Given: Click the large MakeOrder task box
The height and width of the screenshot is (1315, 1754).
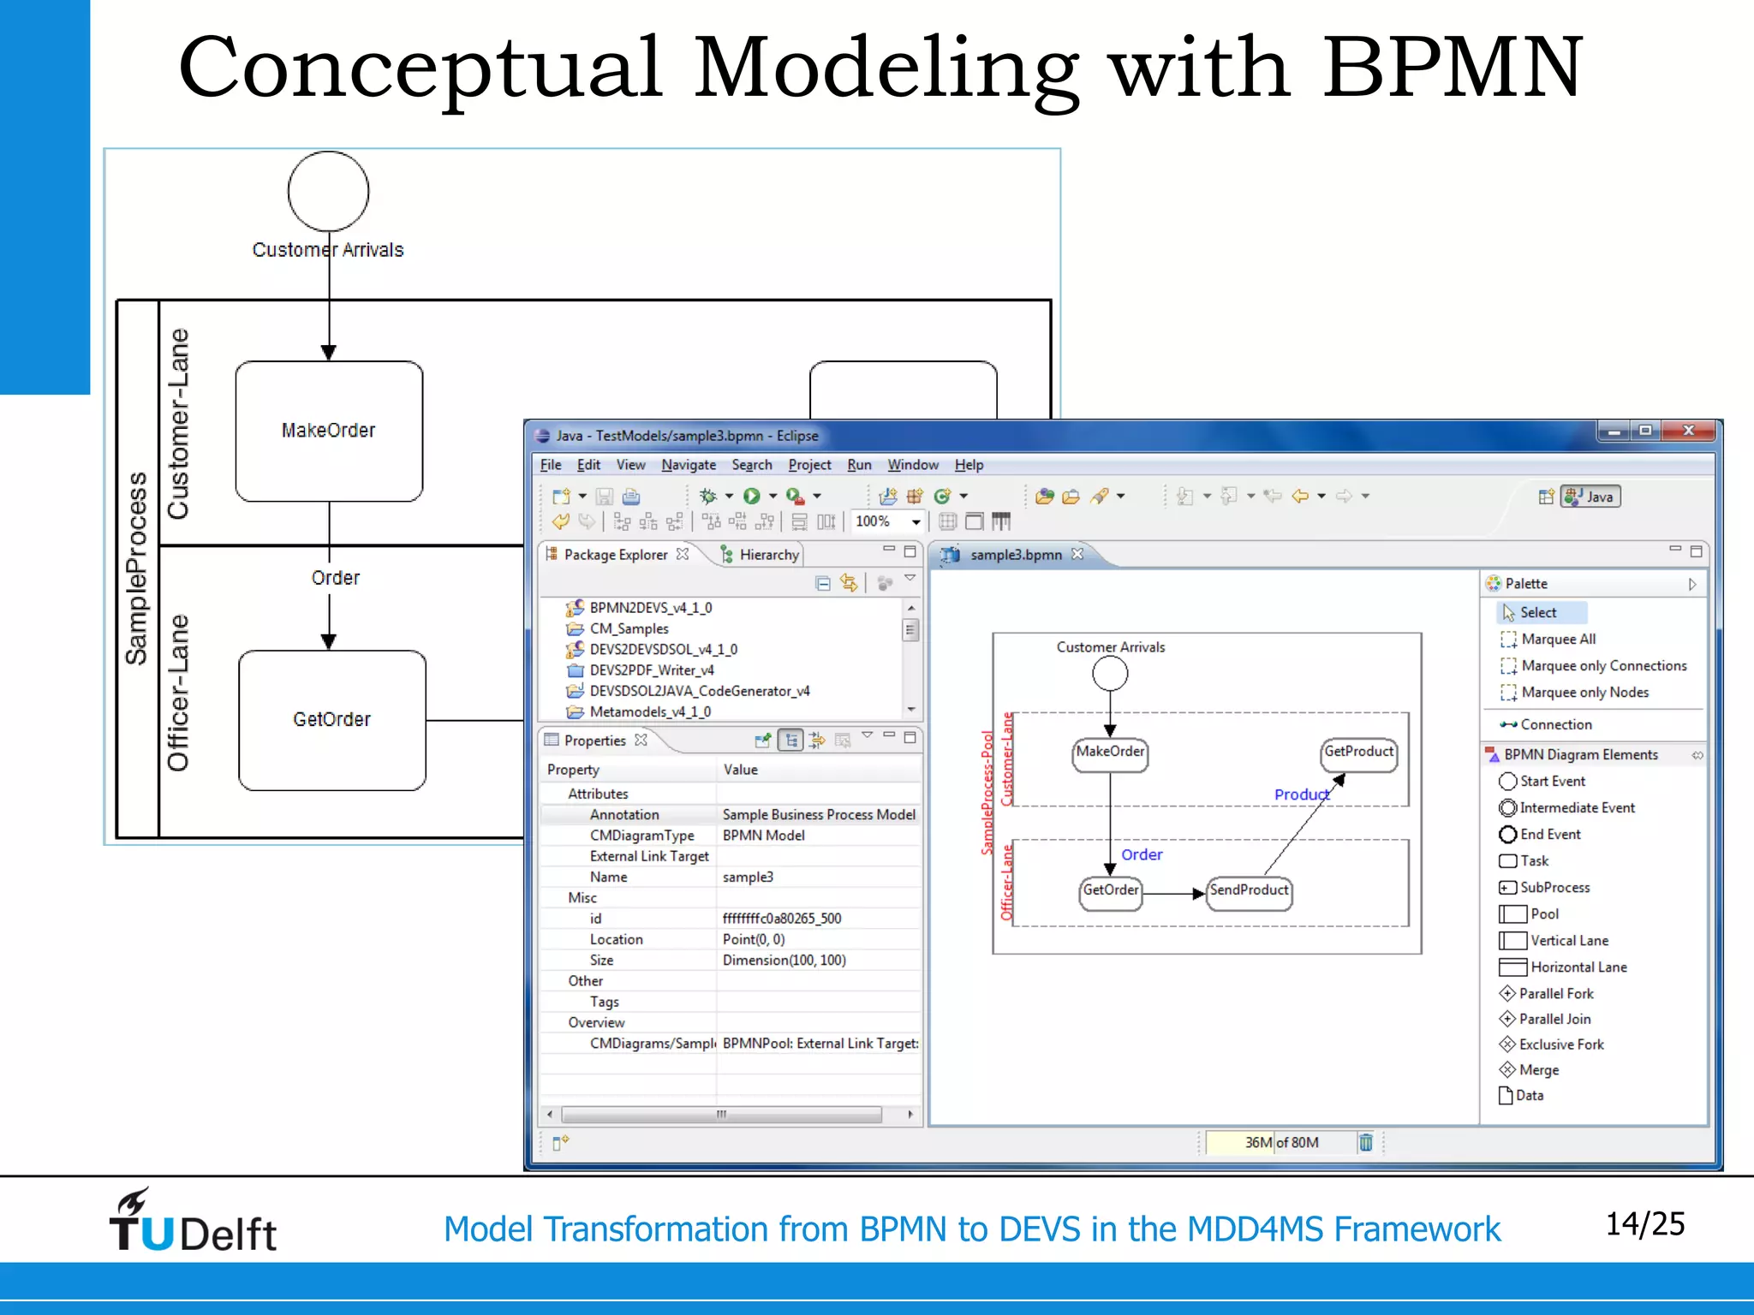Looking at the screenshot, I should point(329,431).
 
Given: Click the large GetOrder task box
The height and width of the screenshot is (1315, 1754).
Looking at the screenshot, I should point(332,720).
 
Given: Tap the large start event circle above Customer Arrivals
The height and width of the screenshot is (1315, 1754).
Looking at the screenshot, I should point(328,191).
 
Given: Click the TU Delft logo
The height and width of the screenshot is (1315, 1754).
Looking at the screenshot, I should point(193,1222).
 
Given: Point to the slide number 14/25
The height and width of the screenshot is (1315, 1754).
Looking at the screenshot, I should point(1644,1224).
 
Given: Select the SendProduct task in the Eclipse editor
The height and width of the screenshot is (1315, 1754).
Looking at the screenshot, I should point(1249,891).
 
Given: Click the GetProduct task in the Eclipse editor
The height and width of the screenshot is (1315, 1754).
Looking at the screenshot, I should point(1359,753).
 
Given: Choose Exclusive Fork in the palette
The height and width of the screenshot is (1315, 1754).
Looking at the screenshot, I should point(1560,1044).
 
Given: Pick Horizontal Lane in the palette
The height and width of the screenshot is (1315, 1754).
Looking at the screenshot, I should point(1578,967).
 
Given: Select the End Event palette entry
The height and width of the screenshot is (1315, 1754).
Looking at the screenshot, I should point(1549,835).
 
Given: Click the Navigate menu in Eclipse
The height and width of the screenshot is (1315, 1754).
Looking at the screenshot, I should point(689,465).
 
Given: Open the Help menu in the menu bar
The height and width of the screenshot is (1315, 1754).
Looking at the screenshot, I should point(969,465).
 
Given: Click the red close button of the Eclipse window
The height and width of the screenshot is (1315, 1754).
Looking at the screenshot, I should point(1688,431).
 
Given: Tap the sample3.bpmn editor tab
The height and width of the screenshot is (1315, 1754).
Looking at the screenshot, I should point(1016,555).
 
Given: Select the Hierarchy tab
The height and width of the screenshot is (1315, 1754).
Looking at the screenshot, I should point(768,555).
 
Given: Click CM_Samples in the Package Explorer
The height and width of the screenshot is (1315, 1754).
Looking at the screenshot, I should point(629,628).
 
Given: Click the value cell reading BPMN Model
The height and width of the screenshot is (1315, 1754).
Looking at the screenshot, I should point(763,836).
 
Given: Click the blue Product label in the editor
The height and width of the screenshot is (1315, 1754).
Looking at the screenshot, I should point(1301,794).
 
